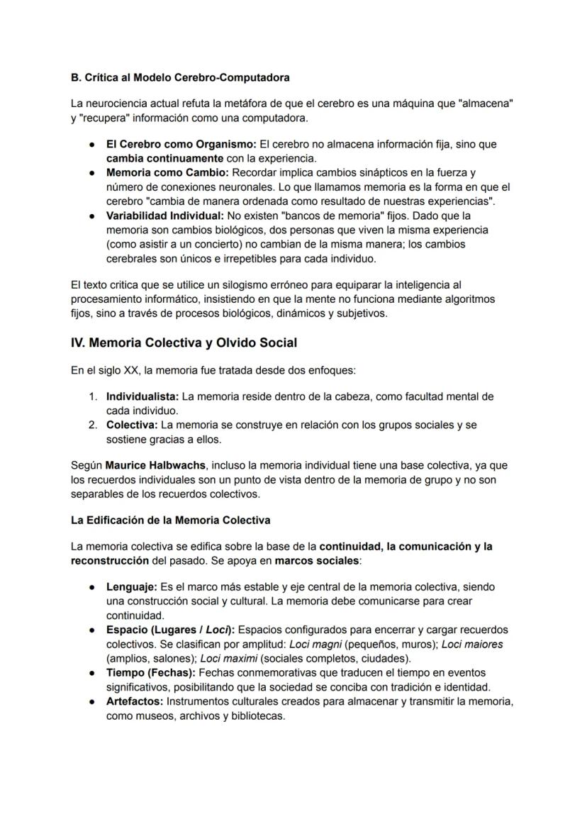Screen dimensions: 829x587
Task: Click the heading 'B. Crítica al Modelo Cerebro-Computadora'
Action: click(x=180, y=77)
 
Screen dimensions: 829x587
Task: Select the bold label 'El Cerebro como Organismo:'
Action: click(x=181, y=145)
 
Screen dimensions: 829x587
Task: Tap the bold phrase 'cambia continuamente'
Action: click(x=164, y=158)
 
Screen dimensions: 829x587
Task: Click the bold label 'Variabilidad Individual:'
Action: click(x=164, y=216)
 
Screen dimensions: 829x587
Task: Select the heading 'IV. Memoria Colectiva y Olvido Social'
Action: click(x=184, y=343)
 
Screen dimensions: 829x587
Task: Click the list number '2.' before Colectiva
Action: click(x=93, y=425)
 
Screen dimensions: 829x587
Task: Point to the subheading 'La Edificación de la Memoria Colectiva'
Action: click(x=170, y=520)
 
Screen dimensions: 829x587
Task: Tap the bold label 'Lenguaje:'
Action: click(x=132, y=587)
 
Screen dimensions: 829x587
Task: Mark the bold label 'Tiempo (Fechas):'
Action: click(x=150, y=672)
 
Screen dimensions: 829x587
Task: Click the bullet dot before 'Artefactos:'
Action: click(x=93, y=701)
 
